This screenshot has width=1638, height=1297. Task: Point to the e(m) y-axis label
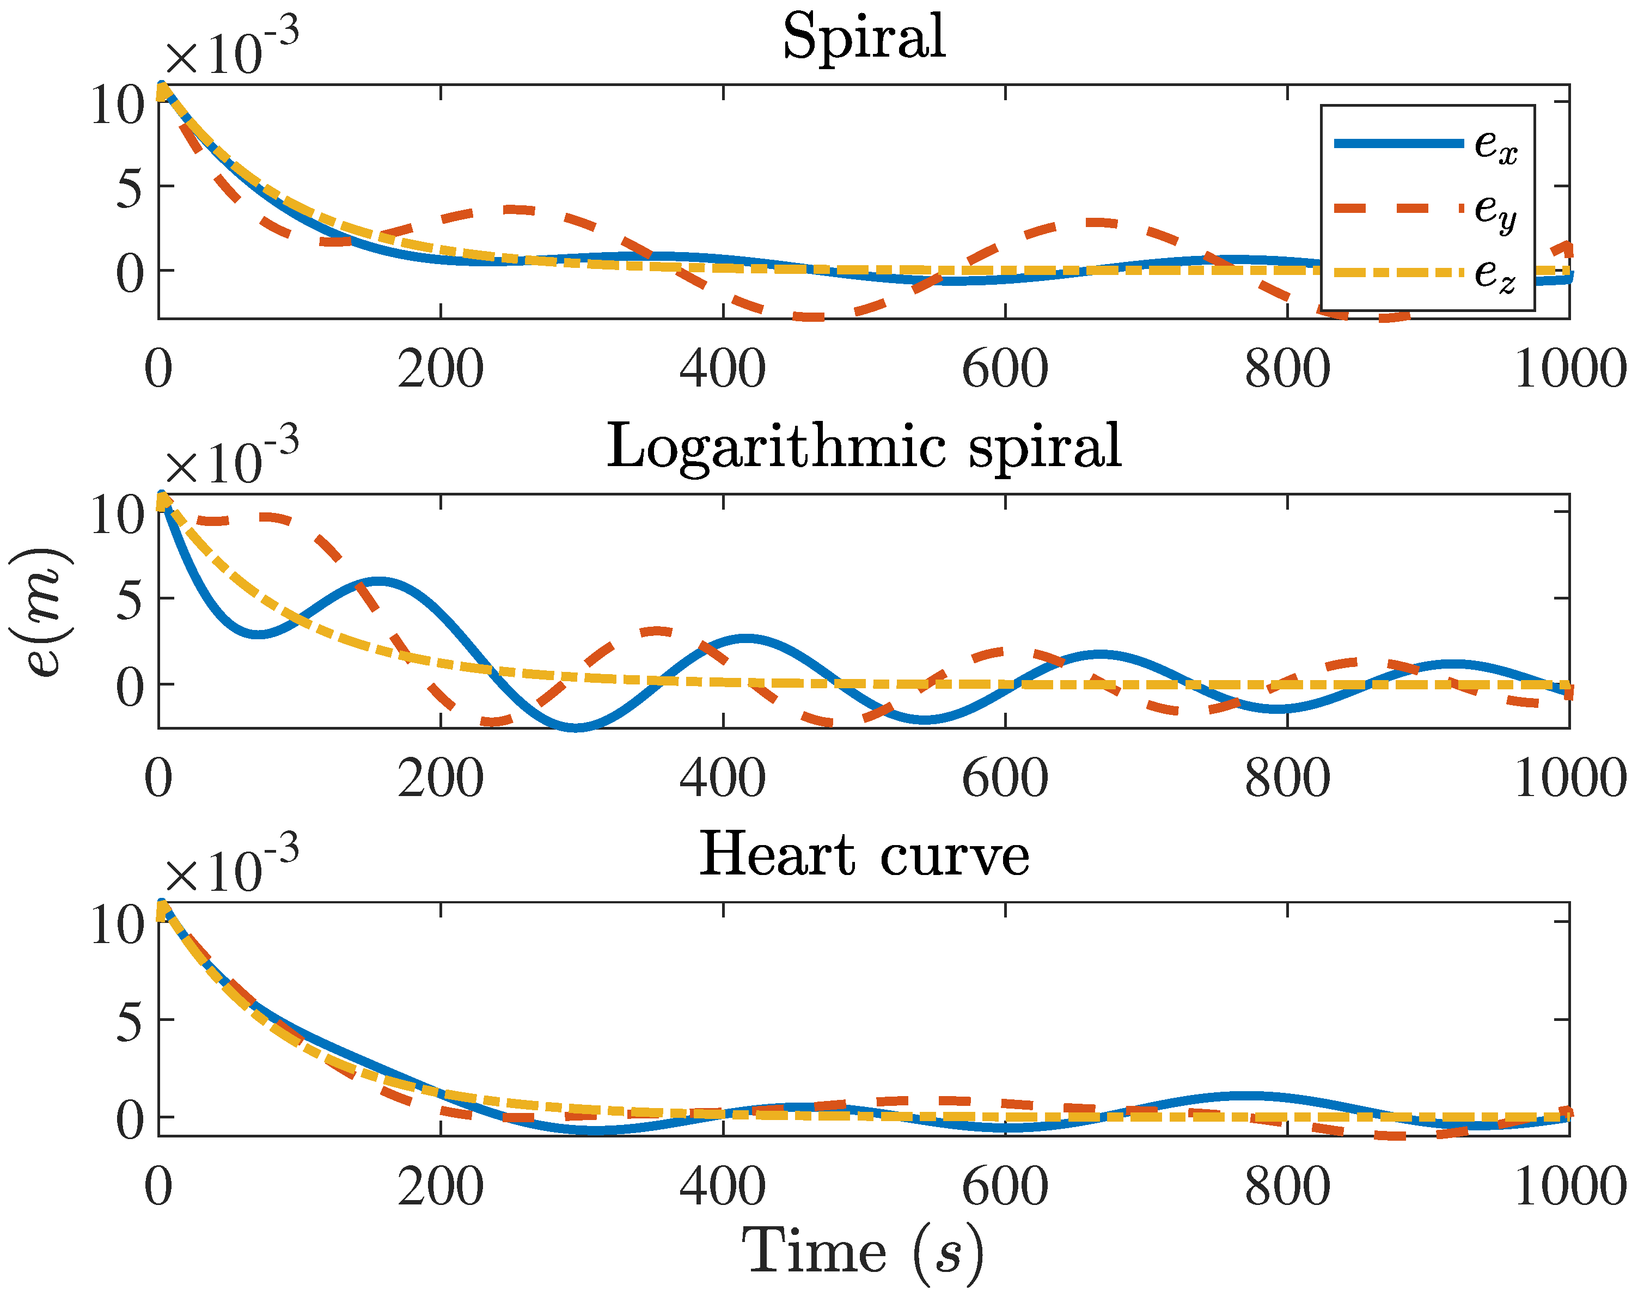42,612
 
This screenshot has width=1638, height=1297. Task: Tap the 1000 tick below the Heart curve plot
1569,1187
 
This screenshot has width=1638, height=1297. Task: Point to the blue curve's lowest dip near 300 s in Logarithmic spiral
577,727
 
